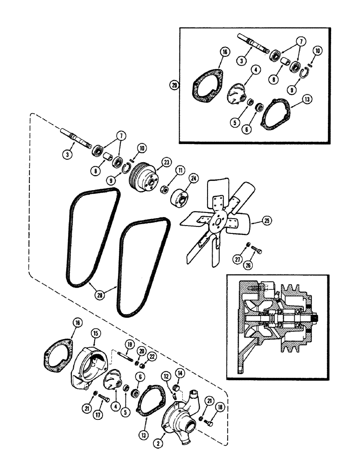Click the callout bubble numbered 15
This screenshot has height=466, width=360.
95,334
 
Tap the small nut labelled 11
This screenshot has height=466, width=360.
165,191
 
